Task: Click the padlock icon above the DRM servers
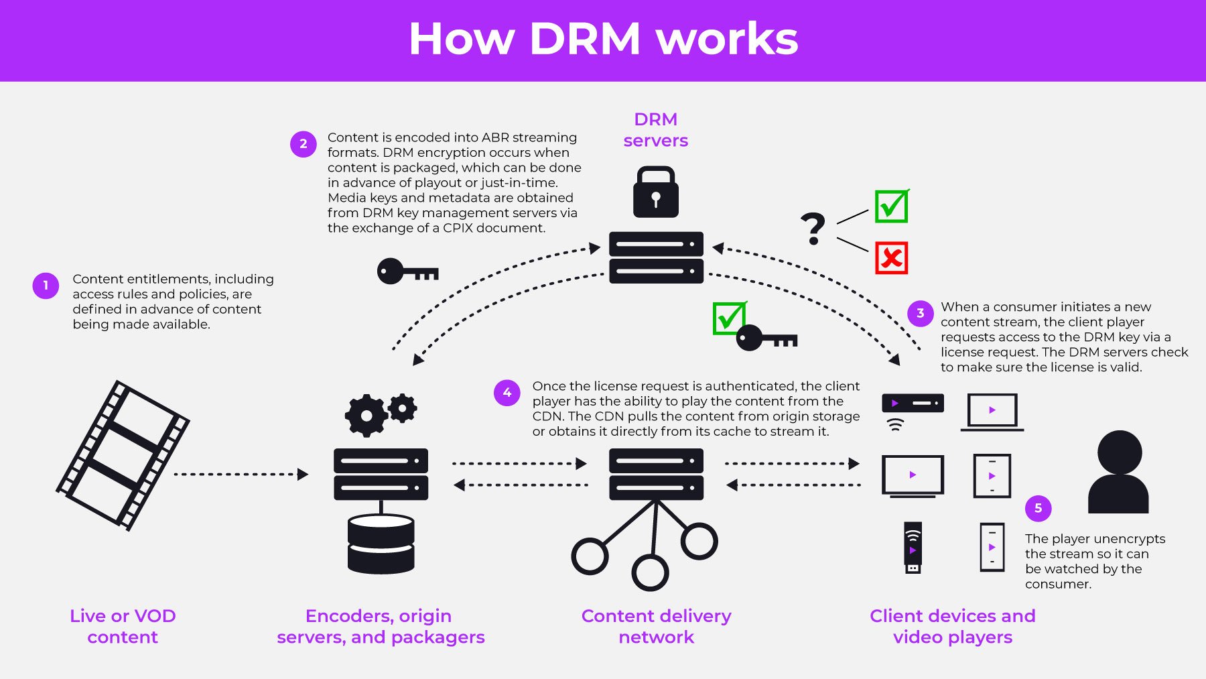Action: click(x=656, y=192)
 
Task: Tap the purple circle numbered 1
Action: click(x=46, y=286)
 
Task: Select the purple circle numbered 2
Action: click(x=303, y=144)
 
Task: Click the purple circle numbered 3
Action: click(x=920, y=313)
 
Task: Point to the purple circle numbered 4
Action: click(x=507, y=393)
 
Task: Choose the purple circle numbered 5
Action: click(x=1038, y=508)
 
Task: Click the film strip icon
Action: click(x=123, y=456)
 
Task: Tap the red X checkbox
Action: click(x=891, y=258)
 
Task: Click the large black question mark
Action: click(x=813, y=229)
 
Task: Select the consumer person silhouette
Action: click(x=1118, y=472)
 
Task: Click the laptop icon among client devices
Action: click(x=992, y=412)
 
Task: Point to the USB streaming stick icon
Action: click(x=913, y=547)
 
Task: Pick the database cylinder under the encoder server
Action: click(x=381, y=544)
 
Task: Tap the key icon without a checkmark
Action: click(x=407, y=271)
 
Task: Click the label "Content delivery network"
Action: click(x=656, y=626)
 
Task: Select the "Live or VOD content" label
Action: click(x=123, y=626)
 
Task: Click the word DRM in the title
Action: click(x=585, y=39)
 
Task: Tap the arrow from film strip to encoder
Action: click(x=241, y=475)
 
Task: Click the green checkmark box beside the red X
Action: click(x=891, y=206)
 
